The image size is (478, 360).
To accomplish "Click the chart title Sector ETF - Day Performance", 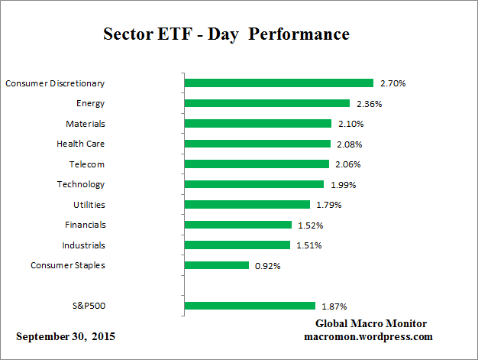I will (226, 35).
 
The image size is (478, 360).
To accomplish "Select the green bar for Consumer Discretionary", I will (279, 83).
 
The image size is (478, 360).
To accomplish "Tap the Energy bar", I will (266, 103).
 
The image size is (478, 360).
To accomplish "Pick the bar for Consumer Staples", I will (217, 265).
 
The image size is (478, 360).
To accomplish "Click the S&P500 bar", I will (250, 306).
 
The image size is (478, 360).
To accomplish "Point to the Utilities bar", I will (247, 205).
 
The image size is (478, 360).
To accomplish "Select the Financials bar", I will (238, 225).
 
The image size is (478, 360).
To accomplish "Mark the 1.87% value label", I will (332, 306).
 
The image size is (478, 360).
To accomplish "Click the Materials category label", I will (85, 123).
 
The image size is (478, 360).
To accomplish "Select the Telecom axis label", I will (87, 164).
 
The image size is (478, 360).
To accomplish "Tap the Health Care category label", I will (80, 144).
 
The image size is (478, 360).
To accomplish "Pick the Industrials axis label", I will (83, 245).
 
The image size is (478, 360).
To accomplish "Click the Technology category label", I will (80, 184).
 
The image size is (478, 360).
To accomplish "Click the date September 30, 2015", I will (66, 336).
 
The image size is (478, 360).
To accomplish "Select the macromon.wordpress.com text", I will (368, 336).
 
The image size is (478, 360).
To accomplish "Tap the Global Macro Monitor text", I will (371, 323).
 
